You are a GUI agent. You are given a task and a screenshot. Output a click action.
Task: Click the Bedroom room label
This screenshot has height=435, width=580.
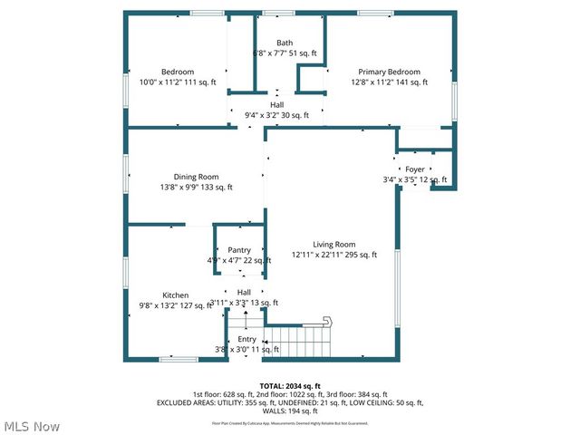[178, 72]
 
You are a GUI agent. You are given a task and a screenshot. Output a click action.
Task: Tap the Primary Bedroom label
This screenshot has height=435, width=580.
[389, 72]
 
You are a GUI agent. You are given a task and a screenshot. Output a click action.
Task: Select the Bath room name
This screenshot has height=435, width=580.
[285, 43]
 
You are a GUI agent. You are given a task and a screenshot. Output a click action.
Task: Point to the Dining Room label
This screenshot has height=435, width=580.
[197, 177]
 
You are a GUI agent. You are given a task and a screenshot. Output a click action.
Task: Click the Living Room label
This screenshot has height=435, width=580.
[334, 245]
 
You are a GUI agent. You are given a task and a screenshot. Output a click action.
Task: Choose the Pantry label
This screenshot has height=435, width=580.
[239, 250]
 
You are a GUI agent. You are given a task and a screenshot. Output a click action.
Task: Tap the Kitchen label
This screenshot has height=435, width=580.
[176, 295]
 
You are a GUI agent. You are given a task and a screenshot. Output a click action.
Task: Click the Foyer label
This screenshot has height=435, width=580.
[415, 169]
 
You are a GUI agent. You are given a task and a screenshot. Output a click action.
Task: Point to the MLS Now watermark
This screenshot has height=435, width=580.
[31, 426]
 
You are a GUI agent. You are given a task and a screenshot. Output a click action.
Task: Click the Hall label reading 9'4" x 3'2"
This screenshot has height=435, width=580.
[277, 115]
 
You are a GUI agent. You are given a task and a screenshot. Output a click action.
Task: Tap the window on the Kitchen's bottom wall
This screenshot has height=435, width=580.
[179, 360]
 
